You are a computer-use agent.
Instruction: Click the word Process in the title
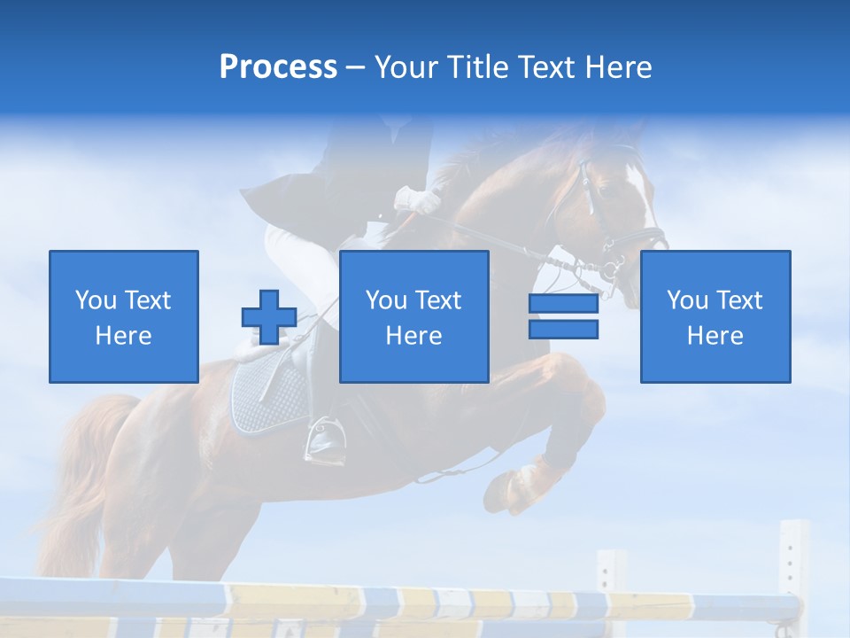[x=278, y=67]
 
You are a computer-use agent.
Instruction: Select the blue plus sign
[x=269, y=317]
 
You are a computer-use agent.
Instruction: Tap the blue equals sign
[x=563, y=316]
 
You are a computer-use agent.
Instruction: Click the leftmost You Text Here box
[x=124, y=316]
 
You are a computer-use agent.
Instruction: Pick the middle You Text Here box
[x=413, y=316]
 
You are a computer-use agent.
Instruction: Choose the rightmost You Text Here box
[x=715, y=316]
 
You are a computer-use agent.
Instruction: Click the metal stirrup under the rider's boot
[x=320, y=440]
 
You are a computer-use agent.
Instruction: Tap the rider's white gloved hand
[x=419, y=199]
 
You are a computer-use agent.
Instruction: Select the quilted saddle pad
[x=270, y=399]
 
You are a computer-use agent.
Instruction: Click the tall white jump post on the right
[x=793, y=567]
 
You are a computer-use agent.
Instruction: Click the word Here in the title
[x=618, y=67]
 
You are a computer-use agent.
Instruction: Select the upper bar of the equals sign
[x=563, y=303]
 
